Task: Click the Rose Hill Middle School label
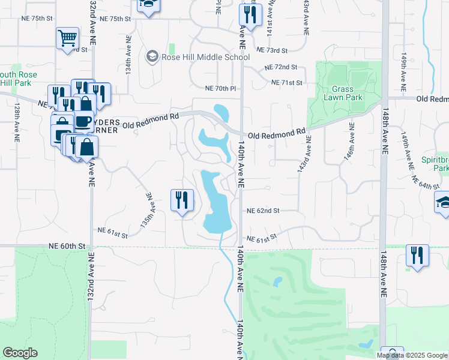pos(205,58)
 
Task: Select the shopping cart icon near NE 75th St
pos(68,39)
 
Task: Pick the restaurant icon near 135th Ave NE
pos(182,200)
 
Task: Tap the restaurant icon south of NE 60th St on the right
pos(416,255)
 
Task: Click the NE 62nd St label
pos(264,211)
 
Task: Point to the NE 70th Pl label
pos(221,88)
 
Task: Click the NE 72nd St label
pos(280,67)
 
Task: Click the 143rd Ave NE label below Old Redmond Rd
pos(304,154)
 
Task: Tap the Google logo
pos(20,353)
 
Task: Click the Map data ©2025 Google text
pos(412,355)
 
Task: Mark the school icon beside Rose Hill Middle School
pos(152,58)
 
